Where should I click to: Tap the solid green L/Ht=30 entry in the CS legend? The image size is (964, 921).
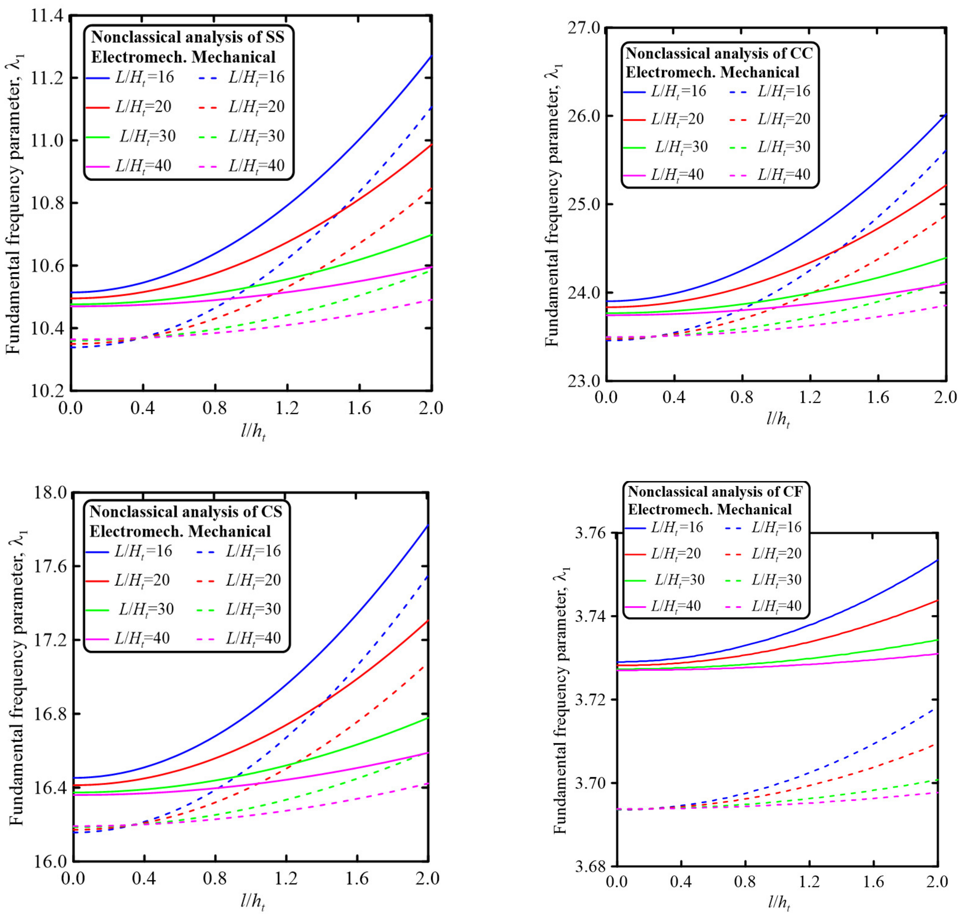[x=130, y=609]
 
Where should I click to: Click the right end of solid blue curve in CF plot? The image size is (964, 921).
[x=937, y=560]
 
